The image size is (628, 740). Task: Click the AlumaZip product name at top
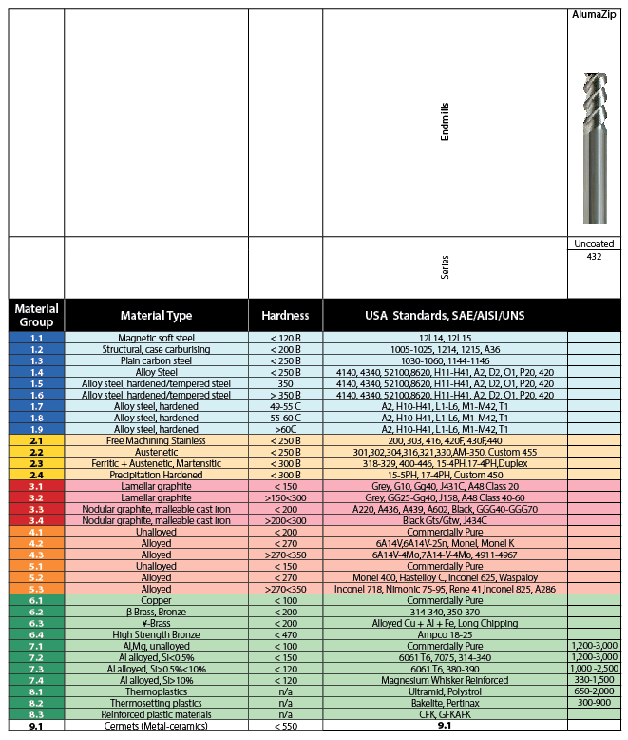point(594,16)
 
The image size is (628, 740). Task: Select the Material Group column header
point(36,315)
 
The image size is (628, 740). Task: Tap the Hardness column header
point(285,315)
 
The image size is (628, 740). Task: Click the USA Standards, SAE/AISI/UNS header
point(445,315)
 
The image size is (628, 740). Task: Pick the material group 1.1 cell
point(36,338)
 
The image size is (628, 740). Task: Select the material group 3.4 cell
point(36,520)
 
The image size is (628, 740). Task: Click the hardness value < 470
point(285,635)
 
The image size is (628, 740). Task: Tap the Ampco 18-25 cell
point(445,635)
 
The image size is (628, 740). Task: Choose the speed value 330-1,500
point(594,680)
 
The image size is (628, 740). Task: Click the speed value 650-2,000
point(594,691)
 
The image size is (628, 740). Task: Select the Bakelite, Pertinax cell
point(445,702)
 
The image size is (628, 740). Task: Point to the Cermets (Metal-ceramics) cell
point(157,725)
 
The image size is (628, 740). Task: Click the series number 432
point(594,256)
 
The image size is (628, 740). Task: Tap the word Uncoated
point(594,243)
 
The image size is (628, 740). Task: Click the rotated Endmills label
point(445,124)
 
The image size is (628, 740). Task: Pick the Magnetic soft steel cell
point(157,338)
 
